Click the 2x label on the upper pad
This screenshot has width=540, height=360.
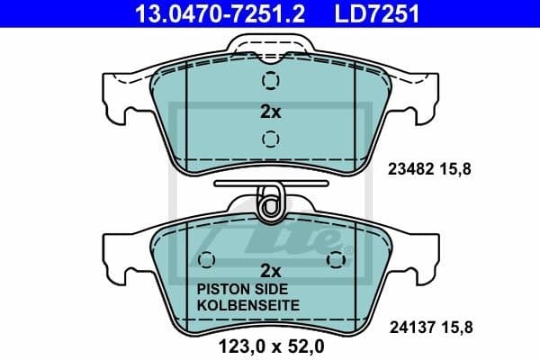[270, 112]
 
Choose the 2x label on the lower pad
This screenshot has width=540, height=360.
[270, 270]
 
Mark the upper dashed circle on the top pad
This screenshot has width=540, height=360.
[270, 82]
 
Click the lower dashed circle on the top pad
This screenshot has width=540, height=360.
[270, 139]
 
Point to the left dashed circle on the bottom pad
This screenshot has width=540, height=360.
[205, 261]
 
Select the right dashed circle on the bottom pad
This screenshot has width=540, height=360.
[337, 261]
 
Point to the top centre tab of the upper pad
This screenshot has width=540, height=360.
[270, 44]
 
